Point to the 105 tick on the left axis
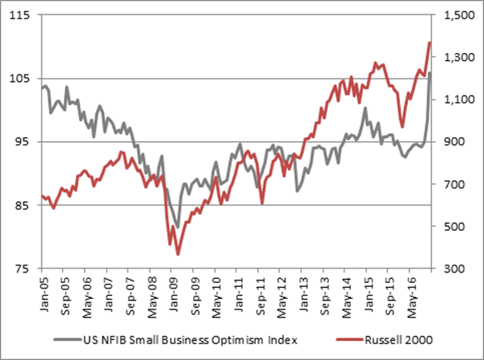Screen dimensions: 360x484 [21, 79]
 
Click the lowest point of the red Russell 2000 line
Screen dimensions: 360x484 [177, 254]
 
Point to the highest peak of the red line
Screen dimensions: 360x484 [431, 42]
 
